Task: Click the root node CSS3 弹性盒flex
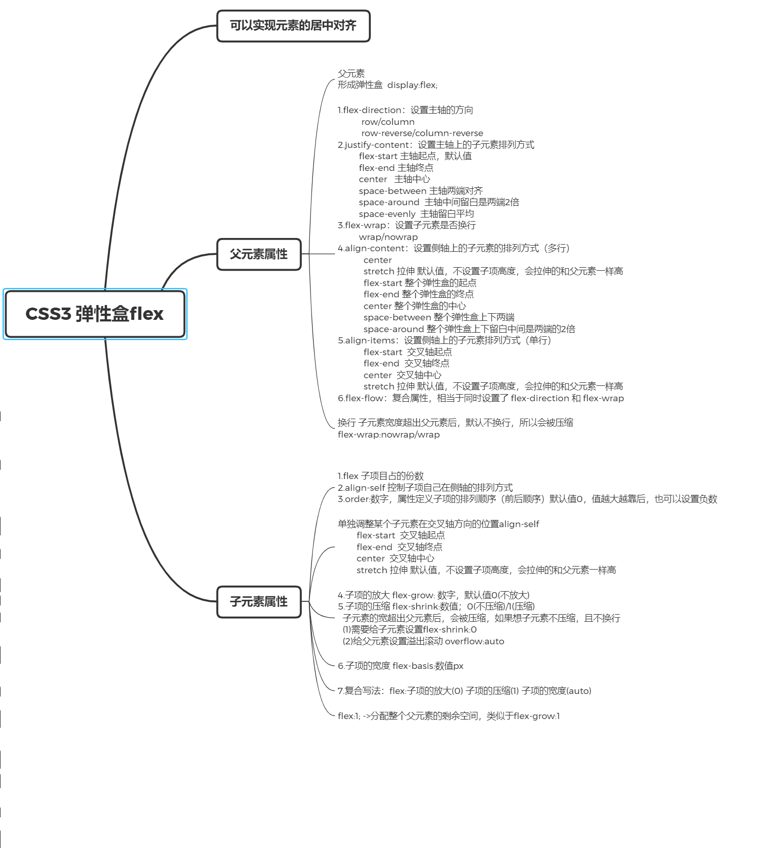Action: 95,314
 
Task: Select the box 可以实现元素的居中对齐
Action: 293,26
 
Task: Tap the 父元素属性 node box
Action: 259,254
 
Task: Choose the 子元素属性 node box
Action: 259,602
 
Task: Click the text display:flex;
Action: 412,85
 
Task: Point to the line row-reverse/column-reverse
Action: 422,133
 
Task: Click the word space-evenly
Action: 387,214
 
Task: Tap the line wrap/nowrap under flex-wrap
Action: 388,237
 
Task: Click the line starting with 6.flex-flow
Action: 480,398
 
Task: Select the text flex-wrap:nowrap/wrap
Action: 389,434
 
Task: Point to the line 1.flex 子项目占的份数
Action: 381,476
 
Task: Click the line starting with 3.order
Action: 527,499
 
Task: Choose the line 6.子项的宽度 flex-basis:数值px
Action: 400,666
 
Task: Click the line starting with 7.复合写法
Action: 464,691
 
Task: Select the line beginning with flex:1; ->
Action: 449,716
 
